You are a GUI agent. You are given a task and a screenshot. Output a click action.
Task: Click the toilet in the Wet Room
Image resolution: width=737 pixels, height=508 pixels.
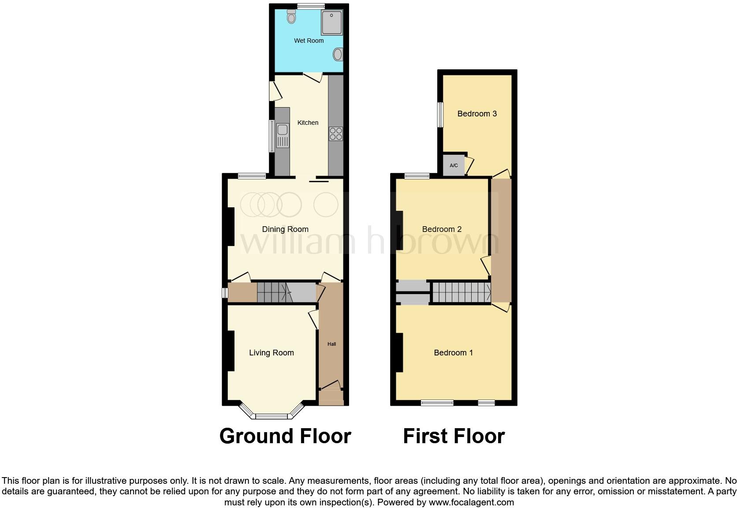[291, 17]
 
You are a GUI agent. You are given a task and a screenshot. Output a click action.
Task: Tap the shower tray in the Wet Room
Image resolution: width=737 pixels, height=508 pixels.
[331, 22]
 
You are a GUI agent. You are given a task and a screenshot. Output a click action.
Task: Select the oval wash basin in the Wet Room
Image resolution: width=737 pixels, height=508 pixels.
[338, 55]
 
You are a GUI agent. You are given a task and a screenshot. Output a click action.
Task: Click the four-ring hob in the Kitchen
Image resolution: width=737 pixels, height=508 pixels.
[335, 134]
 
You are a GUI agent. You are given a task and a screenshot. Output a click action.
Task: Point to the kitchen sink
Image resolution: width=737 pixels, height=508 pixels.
[282, 135]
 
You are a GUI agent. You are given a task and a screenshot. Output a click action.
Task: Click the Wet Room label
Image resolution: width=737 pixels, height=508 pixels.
[309, 41]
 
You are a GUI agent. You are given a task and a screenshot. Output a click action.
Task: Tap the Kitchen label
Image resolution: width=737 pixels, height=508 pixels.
[308, 123]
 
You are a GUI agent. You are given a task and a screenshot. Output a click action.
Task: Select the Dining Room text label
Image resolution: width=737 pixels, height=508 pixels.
[285, 229]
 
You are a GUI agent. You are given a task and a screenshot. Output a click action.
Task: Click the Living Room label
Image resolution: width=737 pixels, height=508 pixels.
[272, 353]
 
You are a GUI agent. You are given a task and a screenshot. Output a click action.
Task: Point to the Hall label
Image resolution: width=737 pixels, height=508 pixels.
[331, 344]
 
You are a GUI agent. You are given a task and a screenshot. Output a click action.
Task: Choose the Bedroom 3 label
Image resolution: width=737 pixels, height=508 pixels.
[477, 114]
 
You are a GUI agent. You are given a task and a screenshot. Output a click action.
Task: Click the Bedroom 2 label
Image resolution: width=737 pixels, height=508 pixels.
[442, 229]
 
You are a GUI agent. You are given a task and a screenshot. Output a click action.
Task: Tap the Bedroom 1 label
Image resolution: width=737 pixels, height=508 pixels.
[453, 353]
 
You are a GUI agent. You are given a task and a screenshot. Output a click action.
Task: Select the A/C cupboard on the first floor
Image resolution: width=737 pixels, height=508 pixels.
[454, 165]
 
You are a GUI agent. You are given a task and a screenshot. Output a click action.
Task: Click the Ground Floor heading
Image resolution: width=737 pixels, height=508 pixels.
[285, 436]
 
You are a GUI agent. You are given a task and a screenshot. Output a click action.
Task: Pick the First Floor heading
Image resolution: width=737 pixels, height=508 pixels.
[454, 436]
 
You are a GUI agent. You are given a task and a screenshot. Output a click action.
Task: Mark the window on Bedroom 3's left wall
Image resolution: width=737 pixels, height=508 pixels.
[440, 115]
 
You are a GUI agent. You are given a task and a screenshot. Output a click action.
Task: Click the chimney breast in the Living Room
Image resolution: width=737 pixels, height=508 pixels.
[231, 351]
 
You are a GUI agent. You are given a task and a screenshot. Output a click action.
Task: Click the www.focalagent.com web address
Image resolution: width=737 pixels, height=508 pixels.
[471, 502]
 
